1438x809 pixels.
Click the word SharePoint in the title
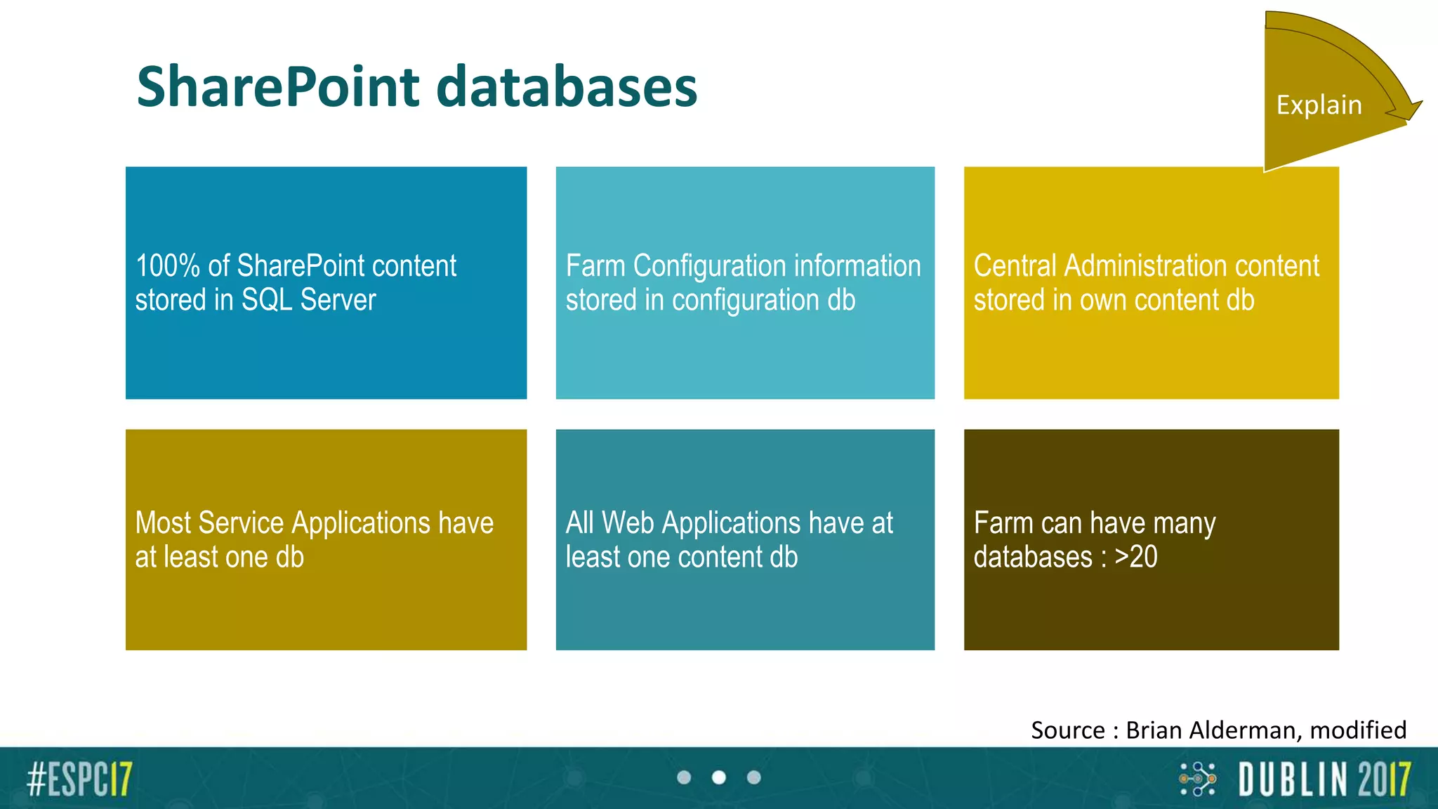click(278, 87)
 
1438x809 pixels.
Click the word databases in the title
click(566, 87)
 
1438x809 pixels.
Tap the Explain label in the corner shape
click(1319, 105)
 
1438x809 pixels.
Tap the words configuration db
click(763, 301)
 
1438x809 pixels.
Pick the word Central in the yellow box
click(1015, 266)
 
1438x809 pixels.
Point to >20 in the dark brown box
click(1135, 557)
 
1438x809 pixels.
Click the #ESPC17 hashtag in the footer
click(79, 779)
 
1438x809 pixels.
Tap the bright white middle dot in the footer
click(718, 777)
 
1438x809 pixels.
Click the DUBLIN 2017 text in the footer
click(1324, 780)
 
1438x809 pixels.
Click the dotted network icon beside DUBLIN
click(1197, 779)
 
